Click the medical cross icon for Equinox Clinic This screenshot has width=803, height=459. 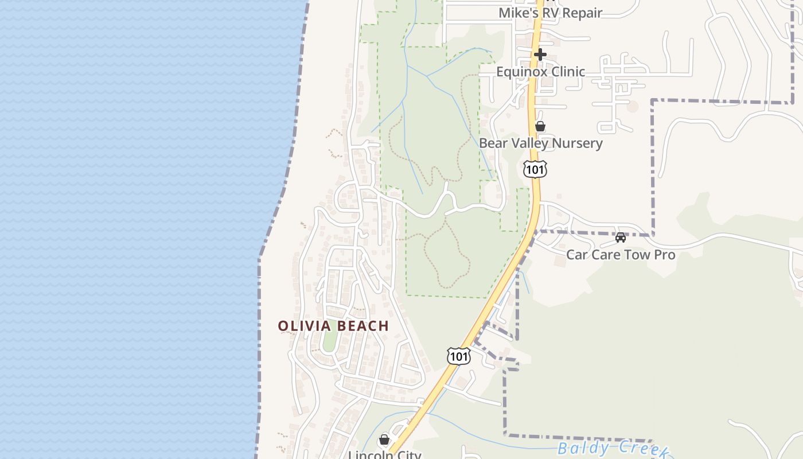540,55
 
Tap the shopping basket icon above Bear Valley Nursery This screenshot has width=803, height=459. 540,126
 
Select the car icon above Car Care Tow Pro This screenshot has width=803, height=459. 620,238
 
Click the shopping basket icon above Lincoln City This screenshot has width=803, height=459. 384,439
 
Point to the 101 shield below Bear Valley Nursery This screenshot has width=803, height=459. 535,169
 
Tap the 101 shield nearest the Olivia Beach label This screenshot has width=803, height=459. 459,356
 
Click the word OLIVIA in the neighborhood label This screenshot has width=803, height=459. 304,326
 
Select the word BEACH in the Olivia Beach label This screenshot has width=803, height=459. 362,326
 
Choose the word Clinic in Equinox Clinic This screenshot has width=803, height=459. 566,72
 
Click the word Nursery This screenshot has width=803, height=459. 576,143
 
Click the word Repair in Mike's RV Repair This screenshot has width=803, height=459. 582,13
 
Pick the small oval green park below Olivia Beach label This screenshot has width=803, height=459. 329,341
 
